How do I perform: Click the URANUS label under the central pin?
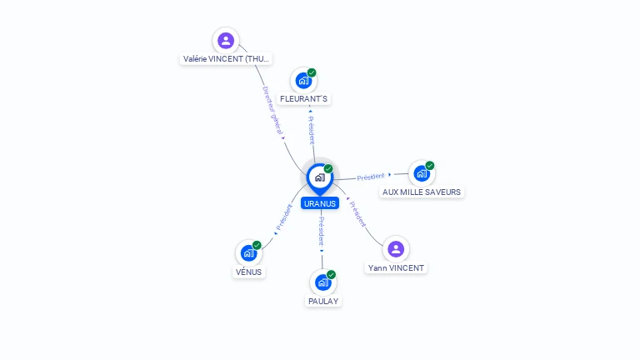pos(320,203)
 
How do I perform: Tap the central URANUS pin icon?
pos(320,177)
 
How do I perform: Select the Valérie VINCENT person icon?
pos(226,40)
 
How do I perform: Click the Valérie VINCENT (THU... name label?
pos(227,59)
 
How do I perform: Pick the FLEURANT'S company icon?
pos(304,81)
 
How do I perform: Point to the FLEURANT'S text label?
pos(304,99)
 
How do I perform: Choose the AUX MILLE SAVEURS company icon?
pos(422,173)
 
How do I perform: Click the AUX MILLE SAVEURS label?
pos(422,192)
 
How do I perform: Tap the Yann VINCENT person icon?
pos(396,248)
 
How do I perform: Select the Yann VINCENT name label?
pos(396,267)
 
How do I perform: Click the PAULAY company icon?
pos(323,282)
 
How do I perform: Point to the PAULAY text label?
pos(323,301)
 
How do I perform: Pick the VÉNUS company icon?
pos(248,252)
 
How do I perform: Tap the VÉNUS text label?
pos(248,272)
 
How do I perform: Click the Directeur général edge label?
pos(272,112)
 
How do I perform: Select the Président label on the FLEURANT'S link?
pos(311,128)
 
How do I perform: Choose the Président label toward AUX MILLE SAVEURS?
pos(371,177)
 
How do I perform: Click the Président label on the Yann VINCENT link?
pos(357,214)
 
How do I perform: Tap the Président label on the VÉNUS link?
pos(283,218)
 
